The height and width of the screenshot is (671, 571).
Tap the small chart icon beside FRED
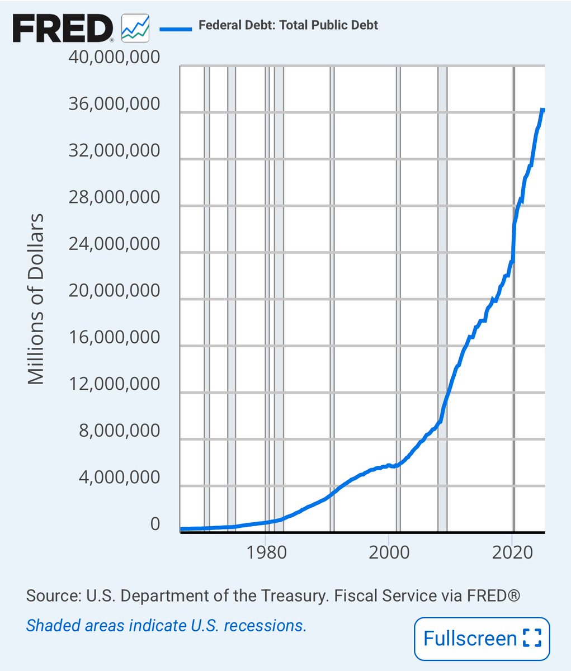[x=136, y=27]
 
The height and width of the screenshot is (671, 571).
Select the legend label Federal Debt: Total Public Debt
[x=289, y=26]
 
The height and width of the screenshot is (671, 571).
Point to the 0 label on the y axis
[x=154, y=524]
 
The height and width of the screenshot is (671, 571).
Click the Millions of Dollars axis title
[x=36, y=299]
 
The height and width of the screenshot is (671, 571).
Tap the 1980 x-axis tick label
[x=266, y=552]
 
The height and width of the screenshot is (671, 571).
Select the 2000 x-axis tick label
[x=389, y=552]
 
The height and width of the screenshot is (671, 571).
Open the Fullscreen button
[x=482, y=638]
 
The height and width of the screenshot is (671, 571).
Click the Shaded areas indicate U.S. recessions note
[x=166, y=625]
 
